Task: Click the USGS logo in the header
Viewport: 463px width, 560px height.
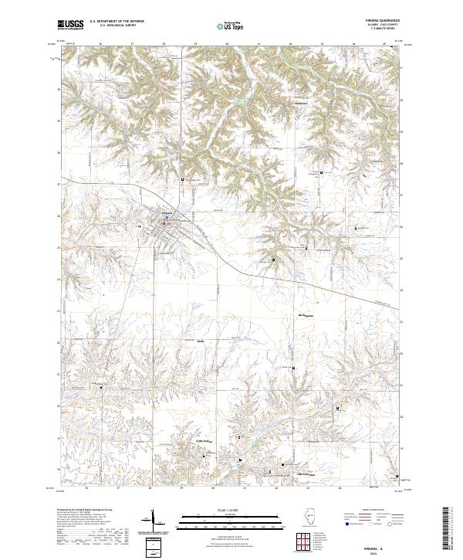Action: point(69,25)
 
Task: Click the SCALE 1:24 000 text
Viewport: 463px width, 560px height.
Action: point(231,511)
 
